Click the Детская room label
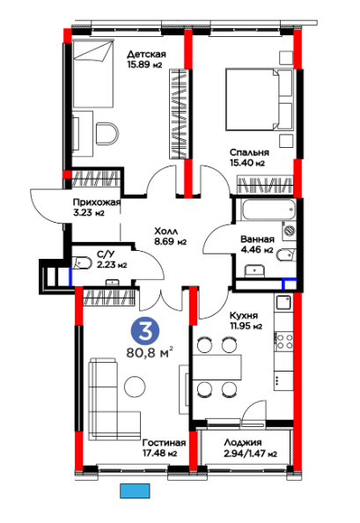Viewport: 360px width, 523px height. [146, 54]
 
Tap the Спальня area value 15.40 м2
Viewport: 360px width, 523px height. [247, 163]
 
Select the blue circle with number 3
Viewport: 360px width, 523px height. [145, 331]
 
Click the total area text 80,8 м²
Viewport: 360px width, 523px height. [150, 352]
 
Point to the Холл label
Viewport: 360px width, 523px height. [166, 232]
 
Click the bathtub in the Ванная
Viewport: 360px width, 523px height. [268, 210]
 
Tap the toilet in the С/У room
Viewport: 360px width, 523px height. [82, 262]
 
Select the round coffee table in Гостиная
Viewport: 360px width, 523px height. [135, 387]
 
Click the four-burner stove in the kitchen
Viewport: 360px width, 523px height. [283, 342]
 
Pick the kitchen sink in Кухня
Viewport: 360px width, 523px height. [283, 302]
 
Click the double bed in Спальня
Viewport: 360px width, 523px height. [260, 99]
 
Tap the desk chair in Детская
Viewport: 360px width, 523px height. [107, 134]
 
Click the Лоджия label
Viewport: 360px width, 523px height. [243, 443]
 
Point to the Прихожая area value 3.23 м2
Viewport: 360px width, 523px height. [89, 212]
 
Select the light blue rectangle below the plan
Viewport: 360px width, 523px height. [135, 491]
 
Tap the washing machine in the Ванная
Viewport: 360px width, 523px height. [289, 231]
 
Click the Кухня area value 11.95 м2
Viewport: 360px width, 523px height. [246, 326]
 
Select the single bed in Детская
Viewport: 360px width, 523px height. [93, 73]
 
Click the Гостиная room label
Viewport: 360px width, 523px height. [164, 443]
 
